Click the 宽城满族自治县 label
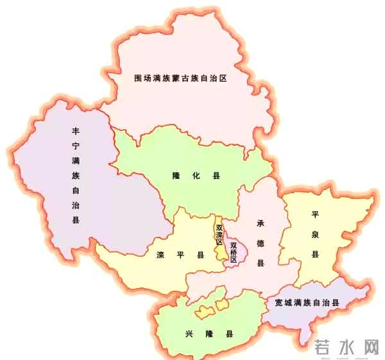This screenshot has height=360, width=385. click(x=306, y=302)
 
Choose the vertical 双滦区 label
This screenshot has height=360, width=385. click(x=220, y=234)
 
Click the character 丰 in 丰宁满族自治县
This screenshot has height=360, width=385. click(x=76, y=130)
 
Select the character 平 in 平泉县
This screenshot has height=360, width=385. click(x=315, y=214)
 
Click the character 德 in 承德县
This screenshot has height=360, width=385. click(x=261, y=243)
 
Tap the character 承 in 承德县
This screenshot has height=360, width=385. click(x=261, y=223)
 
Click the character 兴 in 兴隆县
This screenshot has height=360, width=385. click(x=189, y=334)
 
